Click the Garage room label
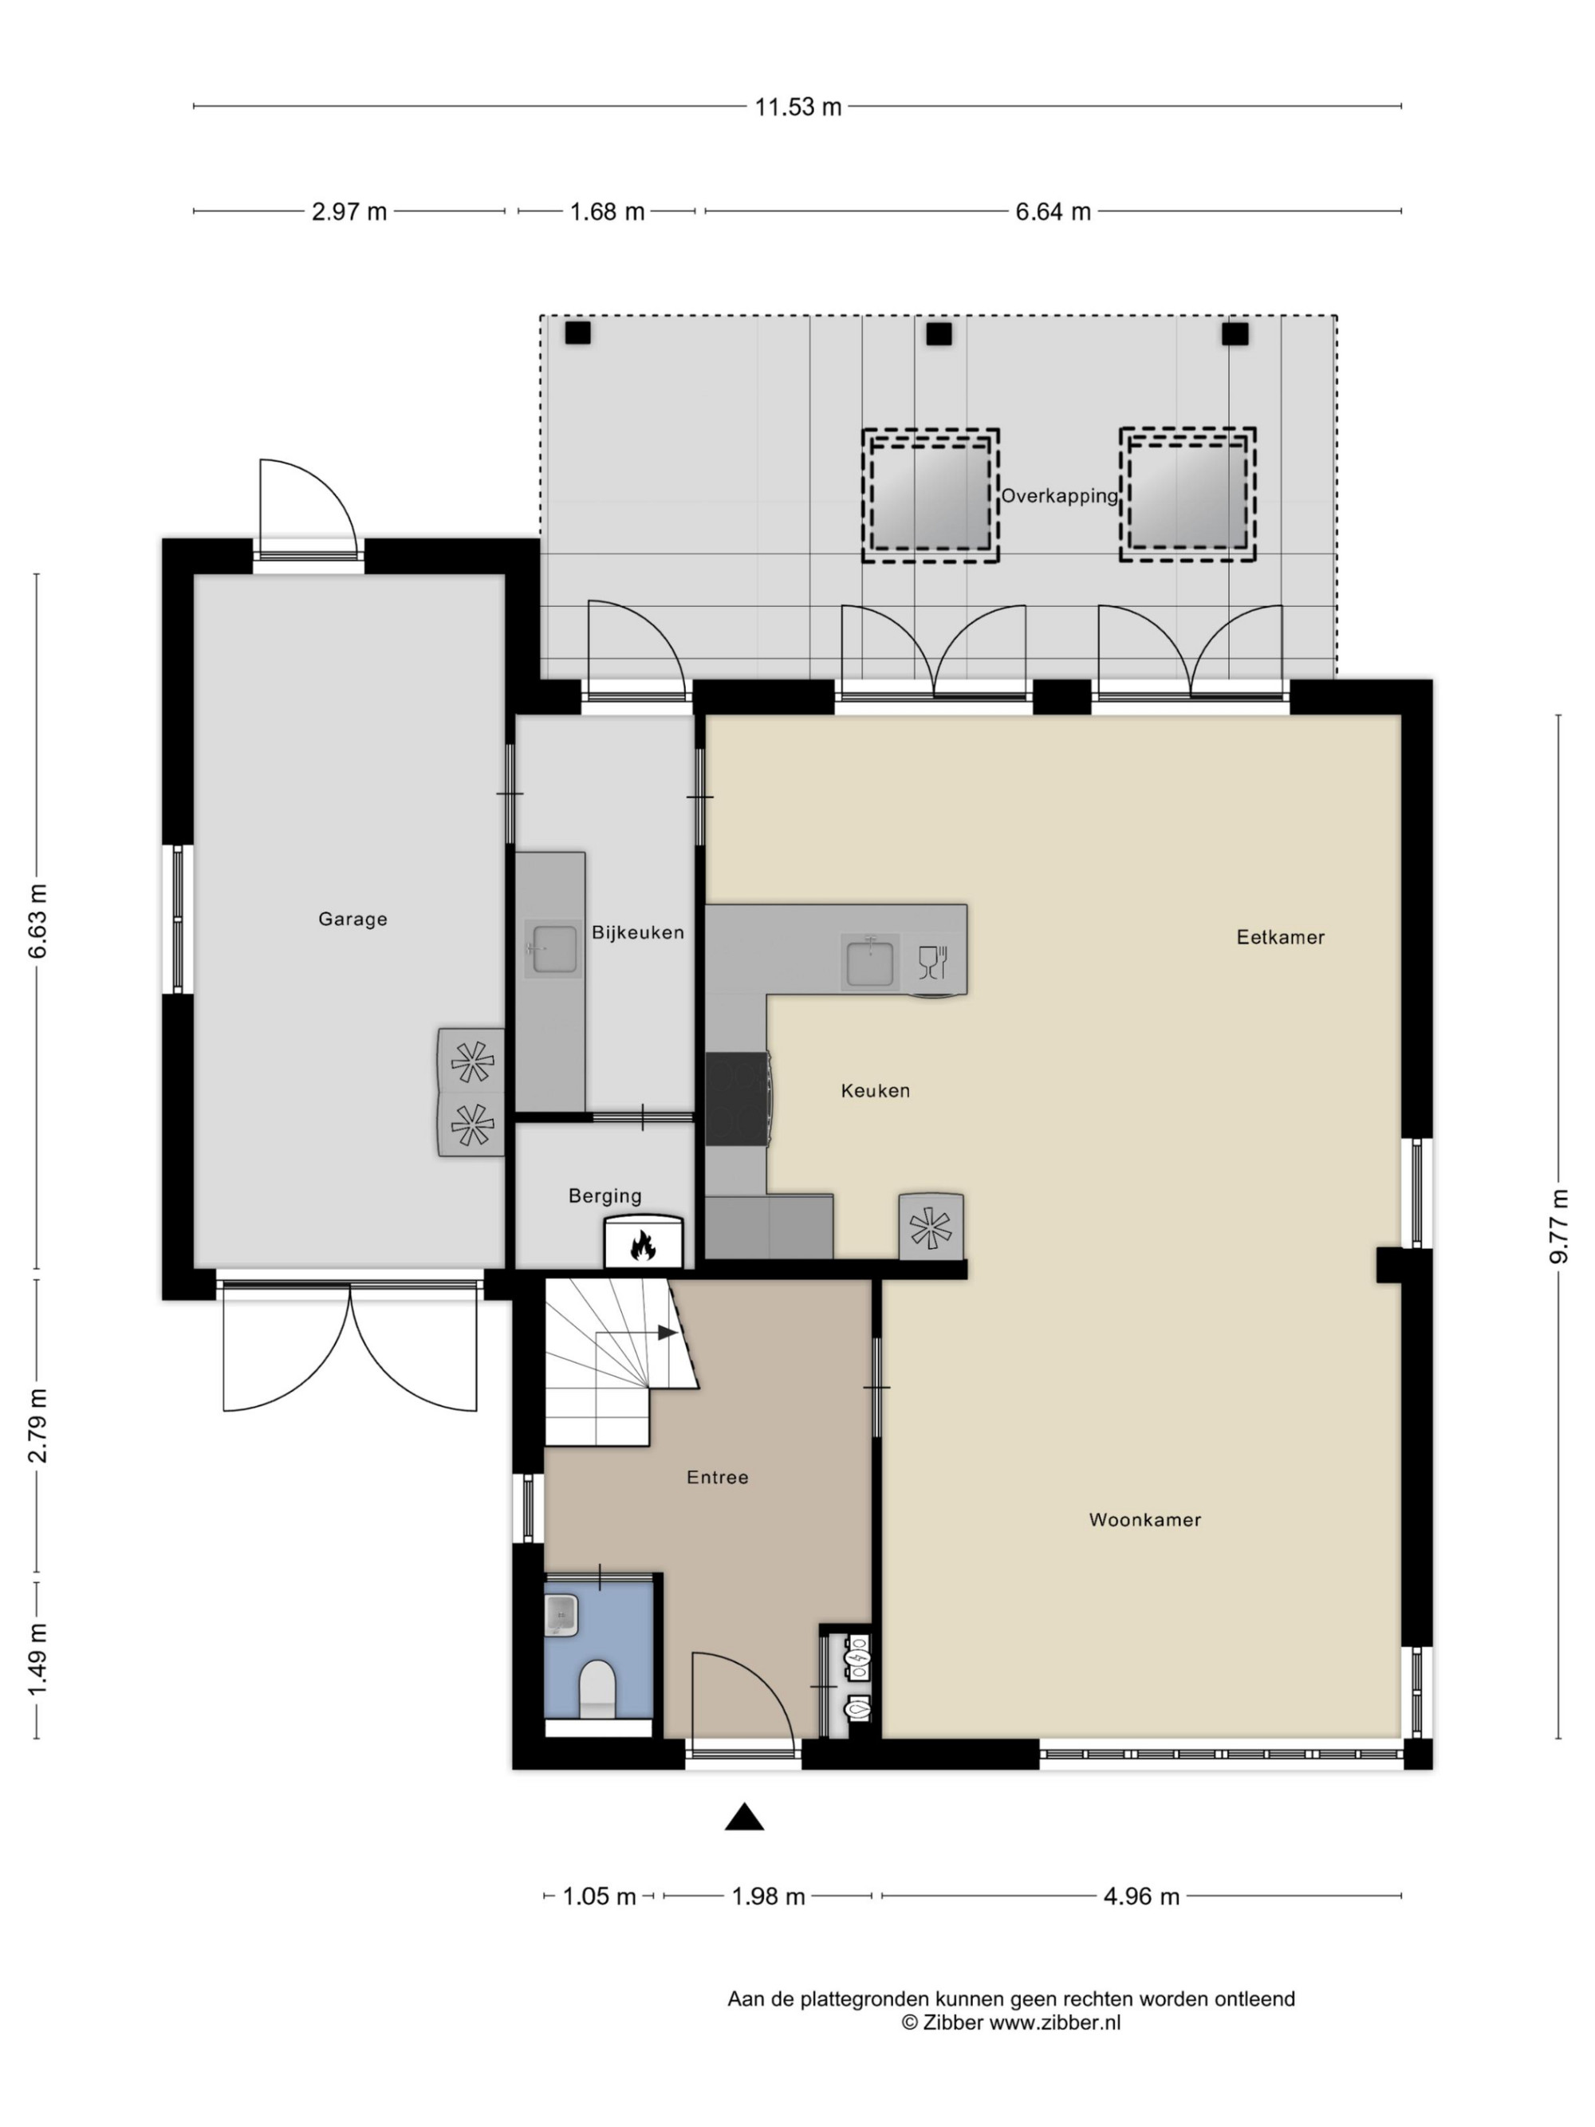pyautogui.click(x=352, y=920)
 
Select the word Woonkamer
pyautogui.click(x=1144, y=1520)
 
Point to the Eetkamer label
pyautogui.click(x=1280, y=938)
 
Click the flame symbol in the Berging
pyautogui.click(x=642, y=1247)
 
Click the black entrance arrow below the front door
pyautogui.click(x=744, y=1817)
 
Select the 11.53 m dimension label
pyautogui.click(x=798, y=107)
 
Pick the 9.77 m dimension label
pyautogui.click(x=1559, y=1226)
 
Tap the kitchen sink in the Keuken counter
pyautogui.click(x=869, y=963)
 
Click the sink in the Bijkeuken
pyautogui.click(x=553, y=949)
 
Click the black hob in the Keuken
pyautogui.click(x=736, y=1099)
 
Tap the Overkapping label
pyautogui.click(x=1060, y=496)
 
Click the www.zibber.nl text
pyautogui.click(x=1054, y=2023)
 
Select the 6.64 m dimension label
pyautogui.click(x=1053, y=211)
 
